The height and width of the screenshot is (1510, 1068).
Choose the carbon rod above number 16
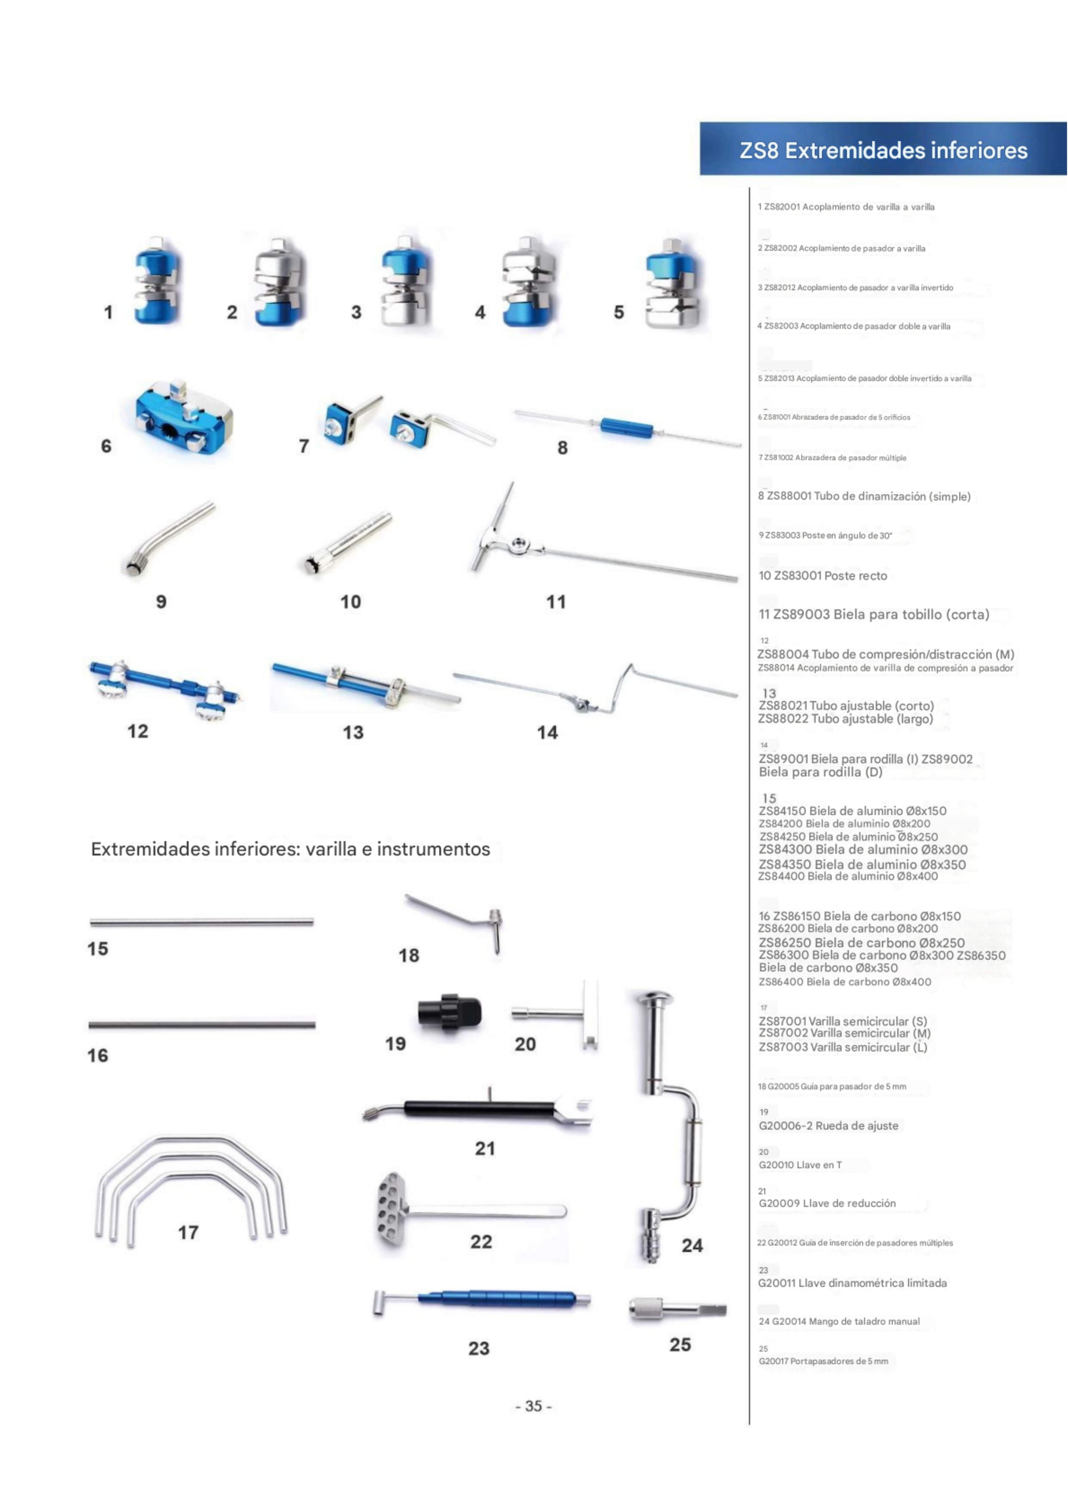202,1025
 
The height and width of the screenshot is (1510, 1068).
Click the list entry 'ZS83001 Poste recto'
823,575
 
